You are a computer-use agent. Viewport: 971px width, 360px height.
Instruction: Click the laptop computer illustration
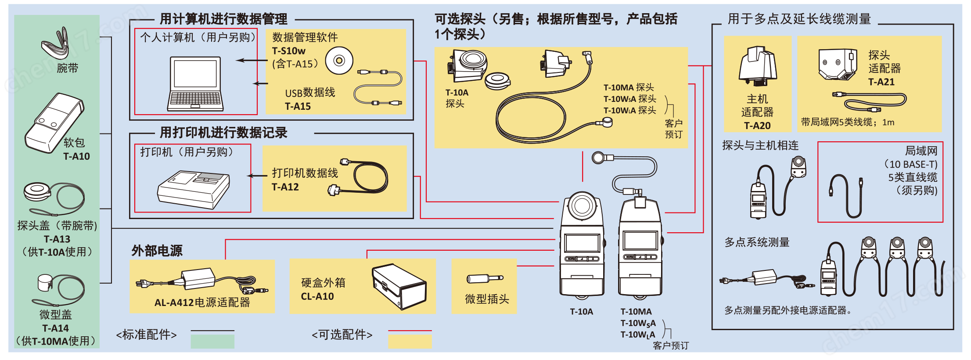coord(195,83)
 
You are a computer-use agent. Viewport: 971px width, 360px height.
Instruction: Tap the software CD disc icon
coord(339,60)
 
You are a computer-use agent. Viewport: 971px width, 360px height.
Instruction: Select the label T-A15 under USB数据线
coord(298,106)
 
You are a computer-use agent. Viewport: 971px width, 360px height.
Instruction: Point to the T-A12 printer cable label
coord(285,187)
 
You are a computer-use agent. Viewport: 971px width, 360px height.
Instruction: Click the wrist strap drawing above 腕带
coord(56,44)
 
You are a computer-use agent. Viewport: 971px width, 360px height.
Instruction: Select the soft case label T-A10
coord(76,156)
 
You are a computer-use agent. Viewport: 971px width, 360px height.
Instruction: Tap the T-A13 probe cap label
coord(57,239)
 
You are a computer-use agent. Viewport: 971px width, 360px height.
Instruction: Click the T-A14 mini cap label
coord(55,328)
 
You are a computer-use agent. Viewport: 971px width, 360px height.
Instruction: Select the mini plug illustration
coord(484,278)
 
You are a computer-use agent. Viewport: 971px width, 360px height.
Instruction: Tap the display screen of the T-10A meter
coord(582,243)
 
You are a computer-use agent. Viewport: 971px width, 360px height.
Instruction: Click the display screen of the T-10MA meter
coord(640,241)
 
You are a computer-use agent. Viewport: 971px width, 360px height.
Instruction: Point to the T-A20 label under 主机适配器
coord(757,126)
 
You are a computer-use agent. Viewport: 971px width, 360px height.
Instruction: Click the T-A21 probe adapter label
coord(881,82)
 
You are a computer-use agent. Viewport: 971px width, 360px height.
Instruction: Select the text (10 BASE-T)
coord(910,164)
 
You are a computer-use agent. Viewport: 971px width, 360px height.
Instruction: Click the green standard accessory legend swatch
coord(212,341)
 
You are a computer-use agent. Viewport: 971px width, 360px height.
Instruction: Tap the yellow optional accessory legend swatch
coord(410,341)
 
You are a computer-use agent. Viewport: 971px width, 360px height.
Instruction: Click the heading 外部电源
coord(157,251)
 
